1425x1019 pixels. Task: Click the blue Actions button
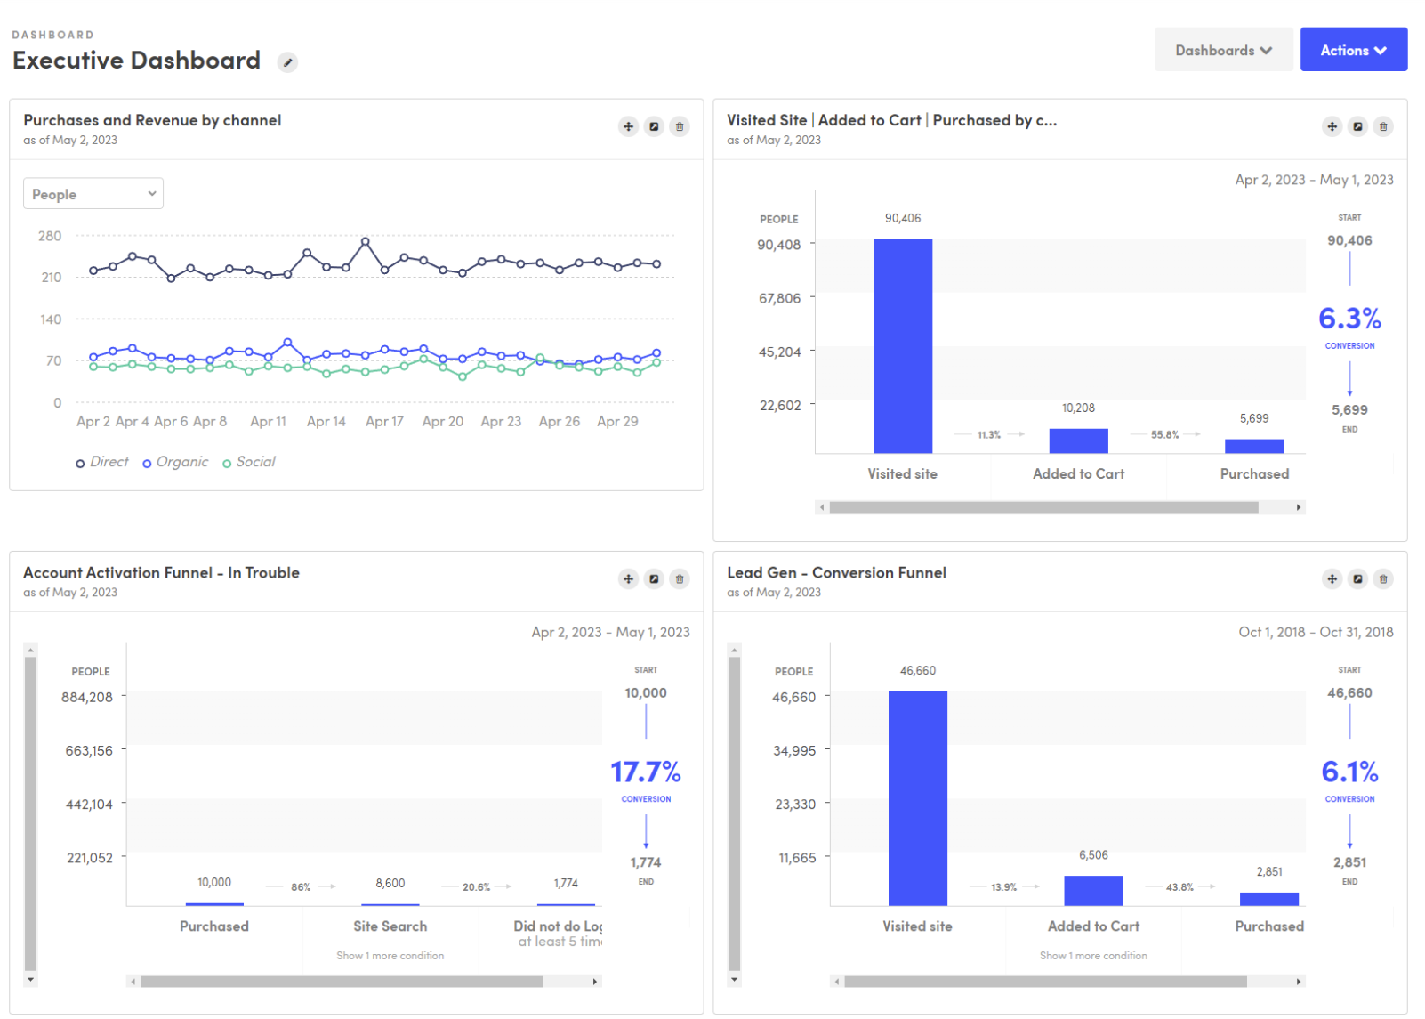coord(1352,50)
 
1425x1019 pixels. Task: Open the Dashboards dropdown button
coord(1222,50)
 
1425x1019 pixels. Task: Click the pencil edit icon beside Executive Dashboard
coord(287,62)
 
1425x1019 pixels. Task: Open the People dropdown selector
coord(93,194)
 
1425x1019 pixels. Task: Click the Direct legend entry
coord(102,462)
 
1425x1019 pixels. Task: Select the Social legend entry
coord(249,462)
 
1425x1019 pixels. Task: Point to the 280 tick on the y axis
coord(50,236)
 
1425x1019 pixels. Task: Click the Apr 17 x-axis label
coord(384,422)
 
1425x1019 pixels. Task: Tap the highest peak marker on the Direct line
coord(366,241)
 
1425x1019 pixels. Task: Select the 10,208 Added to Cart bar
coord(1078,441)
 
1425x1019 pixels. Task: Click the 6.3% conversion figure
coord(1349,319)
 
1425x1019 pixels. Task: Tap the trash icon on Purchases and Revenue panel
coord(680,126)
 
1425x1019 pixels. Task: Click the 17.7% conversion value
coord(646,772)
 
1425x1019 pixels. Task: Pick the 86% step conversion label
coord(301,887)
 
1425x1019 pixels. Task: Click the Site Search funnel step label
coord(390,926)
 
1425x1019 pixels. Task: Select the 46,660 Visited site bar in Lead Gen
coord(917,798)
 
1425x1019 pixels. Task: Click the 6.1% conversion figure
coord(1349,772)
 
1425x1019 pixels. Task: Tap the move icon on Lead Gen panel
coord(1332,579)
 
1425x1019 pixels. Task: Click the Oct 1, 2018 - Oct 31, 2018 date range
coord(1315,633)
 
